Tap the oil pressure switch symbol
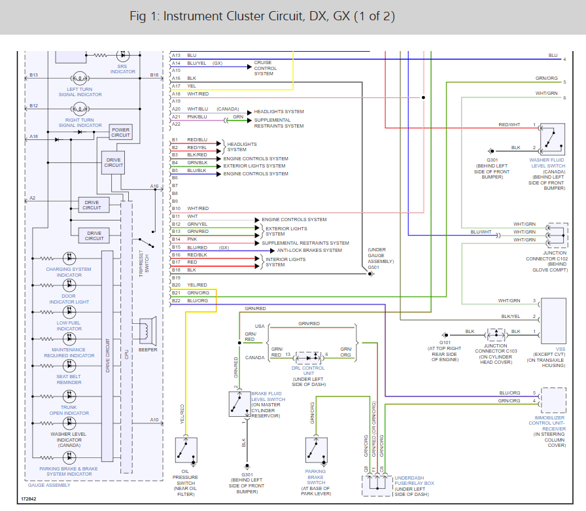pos(186,450)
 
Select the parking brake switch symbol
pos(316,450)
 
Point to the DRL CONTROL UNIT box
pos(307,357)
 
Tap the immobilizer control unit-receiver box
pos(553,400)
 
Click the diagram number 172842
pos(28,499)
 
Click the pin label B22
pos(175,300)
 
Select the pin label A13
pos(175,56)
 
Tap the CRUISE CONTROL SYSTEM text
pos(266,68)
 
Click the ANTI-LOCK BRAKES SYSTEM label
pos(309,250)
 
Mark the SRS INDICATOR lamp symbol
pos(122,58)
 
